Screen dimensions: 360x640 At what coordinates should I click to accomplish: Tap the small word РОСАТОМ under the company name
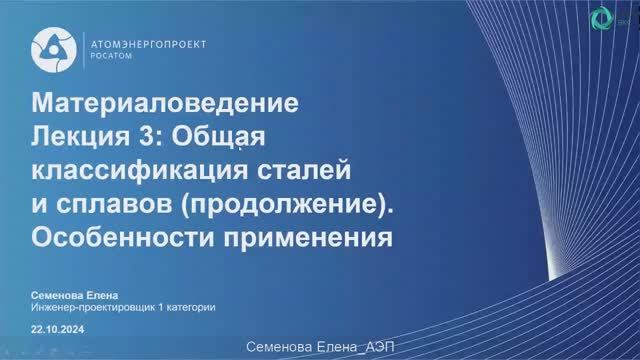(x=109, y=57)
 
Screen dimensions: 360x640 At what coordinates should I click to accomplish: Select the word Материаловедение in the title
(x=166, y=103)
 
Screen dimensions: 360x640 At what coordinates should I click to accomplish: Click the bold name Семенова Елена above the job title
(x=74, y=294)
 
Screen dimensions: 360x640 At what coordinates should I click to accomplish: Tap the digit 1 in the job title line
(x=160, y=307)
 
